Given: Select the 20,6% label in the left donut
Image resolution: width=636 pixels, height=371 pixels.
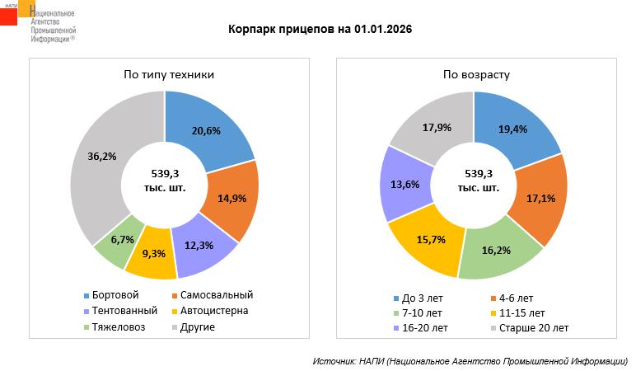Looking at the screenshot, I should pos(207,131).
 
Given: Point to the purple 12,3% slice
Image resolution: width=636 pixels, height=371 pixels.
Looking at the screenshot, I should pos(198,243).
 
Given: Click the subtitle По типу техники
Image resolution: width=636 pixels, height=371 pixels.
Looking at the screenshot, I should pos(169,74).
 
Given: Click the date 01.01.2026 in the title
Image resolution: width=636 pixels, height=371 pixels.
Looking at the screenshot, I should pos(383,29).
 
